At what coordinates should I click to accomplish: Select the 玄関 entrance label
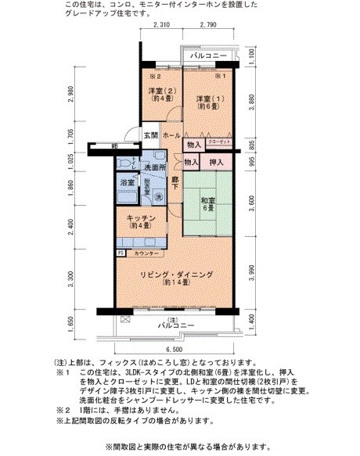(x=151, y=135)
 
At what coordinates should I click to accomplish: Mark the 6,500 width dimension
(x=177, y=350)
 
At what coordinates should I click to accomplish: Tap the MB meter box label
(x=114, y=146)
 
